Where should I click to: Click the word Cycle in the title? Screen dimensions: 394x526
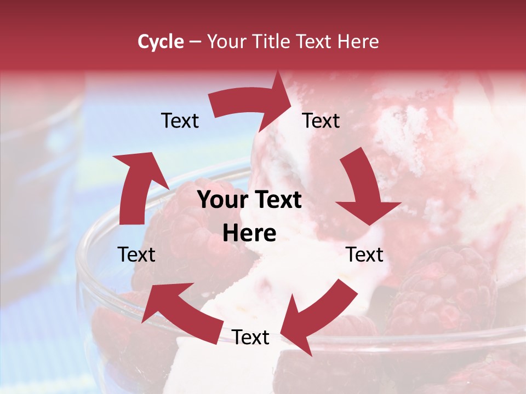pos(161,42)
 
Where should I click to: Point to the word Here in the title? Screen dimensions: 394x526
pos(358,42)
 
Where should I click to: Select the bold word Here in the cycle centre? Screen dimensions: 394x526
pos(249,234)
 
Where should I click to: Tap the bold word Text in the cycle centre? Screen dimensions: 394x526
pos(277,200)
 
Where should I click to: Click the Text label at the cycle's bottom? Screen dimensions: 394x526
pos(250,337)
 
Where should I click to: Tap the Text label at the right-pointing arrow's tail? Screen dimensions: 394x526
pos(180,120)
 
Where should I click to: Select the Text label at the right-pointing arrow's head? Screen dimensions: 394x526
pos(321,120)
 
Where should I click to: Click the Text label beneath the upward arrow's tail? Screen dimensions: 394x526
pos(136,254)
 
